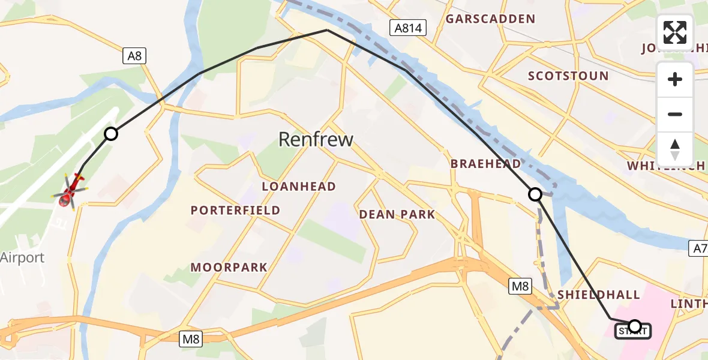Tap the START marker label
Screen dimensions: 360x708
point(632,331)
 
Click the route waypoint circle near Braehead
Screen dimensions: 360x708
point(535,194)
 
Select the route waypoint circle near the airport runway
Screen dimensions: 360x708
point(111,134)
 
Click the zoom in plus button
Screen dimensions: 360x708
point(675,79)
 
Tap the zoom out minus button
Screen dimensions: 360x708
point(675,115)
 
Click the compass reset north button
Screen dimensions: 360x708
point(675,149)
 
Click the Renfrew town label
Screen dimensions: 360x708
point(316,140)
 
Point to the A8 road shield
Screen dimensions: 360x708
point(134,56)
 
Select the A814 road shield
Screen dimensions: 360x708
point(408,27)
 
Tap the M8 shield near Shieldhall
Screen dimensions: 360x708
point(520,287)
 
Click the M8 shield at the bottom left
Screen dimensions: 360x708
point(191,340)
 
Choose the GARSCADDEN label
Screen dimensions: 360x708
point(490,19)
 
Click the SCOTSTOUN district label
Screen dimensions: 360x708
point(568,76)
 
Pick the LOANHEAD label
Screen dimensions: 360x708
point(299,187)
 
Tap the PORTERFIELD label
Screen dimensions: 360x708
point(235,210)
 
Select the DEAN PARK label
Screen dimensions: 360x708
point(397,214)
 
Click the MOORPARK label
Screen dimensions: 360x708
point(229,267)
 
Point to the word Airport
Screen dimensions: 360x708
point(23,258)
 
